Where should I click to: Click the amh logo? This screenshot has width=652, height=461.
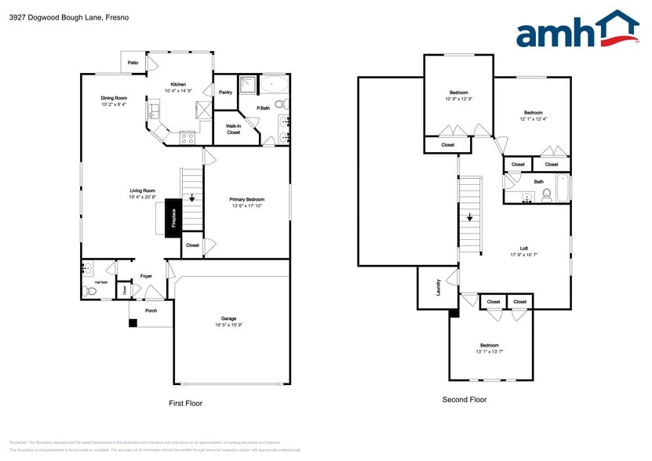click(x=577, y=31)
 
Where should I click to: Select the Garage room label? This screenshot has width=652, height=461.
click(x=229, y=319)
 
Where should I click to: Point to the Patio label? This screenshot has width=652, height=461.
click(x=133, y=60)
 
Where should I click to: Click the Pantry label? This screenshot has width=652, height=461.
click(x=225, y=93)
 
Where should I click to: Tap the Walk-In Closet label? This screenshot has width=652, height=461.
click(x=233, y=129)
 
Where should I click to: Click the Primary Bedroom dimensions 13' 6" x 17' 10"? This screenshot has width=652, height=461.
click(x=246, y=206)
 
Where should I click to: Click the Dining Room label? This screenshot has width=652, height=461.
click(x=114, y=98)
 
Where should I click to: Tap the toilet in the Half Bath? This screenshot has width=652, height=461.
click(x=90, y=291)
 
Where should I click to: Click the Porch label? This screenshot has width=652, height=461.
click(x=151, y=310)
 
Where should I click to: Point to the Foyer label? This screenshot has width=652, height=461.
click(x=146, y=276)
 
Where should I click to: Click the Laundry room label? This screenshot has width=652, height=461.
click(x=437, y=288)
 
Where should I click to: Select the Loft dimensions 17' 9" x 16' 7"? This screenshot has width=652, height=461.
click(x=523, y=255)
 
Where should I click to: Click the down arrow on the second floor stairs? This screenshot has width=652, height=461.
click(x=469, y=219)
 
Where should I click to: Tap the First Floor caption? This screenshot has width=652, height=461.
click(x=186, y=403)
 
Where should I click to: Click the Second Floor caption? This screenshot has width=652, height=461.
click(x=464, y=399)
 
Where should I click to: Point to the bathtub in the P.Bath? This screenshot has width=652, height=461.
click(x=273, y=82)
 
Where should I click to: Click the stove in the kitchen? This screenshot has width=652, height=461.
click(x=188, y=137)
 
